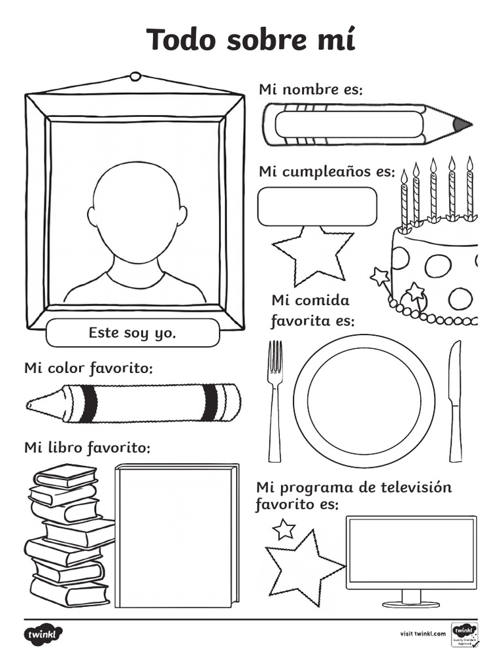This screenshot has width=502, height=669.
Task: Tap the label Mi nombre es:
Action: click(x=310, y=90)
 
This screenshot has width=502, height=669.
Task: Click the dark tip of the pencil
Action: click(x=461, y=123)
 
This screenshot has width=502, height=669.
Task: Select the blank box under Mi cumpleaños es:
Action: click(x=317, y=206)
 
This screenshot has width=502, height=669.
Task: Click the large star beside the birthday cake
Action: click(x=312, y=254)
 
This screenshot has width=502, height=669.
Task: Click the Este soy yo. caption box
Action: click(x=133, y=333)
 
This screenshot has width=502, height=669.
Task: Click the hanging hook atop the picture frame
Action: click(x=135, y=76)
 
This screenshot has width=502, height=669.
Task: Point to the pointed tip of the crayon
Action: click(x=33, y=404)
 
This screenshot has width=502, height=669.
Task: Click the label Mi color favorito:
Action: click(x=88, y=368)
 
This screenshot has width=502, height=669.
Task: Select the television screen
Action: click(x=410, y=551)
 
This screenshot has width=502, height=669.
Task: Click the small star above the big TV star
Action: click(x=284, y=529)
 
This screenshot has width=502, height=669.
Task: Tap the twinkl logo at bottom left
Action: click(x=43, y=634)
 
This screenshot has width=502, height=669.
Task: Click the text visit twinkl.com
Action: click(x=422, y=634)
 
